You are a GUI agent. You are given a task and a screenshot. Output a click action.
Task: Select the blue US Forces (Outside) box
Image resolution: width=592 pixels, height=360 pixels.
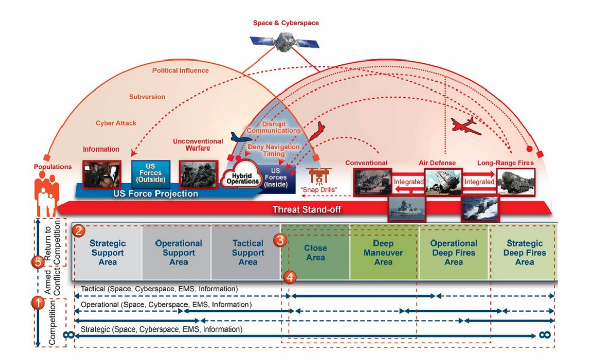[150, 173]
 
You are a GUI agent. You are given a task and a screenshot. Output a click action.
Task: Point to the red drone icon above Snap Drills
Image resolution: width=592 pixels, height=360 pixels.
[319, 175]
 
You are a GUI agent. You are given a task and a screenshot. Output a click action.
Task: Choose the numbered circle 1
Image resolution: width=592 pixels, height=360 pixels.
[38, 303]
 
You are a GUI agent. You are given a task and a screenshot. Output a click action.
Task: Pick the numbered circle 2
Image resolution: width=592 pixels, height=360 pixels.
[78, 230]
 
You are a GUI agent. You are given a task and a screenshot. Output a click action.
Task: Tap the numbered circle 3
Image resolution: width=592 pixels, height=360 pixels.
[279, 240]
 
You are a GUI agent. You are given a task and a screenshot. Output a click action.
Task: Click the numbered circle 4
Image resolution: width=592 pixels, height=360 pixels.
[289, 277]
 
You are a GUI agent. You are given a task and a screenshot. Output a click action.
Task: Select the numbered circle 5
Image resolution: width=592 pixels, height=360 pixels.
[37, 262]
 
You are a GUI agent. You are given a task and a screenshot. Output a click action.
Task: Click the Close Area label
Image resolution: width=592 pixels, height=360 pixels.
[316, 253]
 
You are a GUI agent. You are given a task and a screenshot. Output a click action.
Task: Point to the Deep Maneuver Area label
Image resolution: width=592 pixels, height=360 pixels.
[384, 253]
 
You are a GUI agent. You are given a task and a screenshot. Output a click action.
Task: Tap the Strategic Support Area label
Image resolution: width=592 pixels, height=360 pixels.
[108, 253]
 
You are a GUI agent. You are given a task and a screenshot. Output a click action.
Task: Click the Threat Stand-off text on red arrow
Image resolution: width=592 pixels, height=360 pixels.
[306, 209]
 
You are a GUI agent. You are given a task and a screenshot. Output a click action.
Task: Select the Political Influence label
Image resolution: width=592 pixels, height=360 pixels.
[180, 70]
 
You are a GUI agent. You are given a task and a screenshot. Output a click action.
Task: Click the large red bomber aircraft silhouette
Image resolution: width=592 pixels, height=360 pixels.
[465, 126]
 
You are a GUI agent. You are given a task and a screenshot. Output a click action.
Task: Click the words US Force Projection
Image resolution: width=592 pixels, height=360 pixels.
[155, 194]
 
